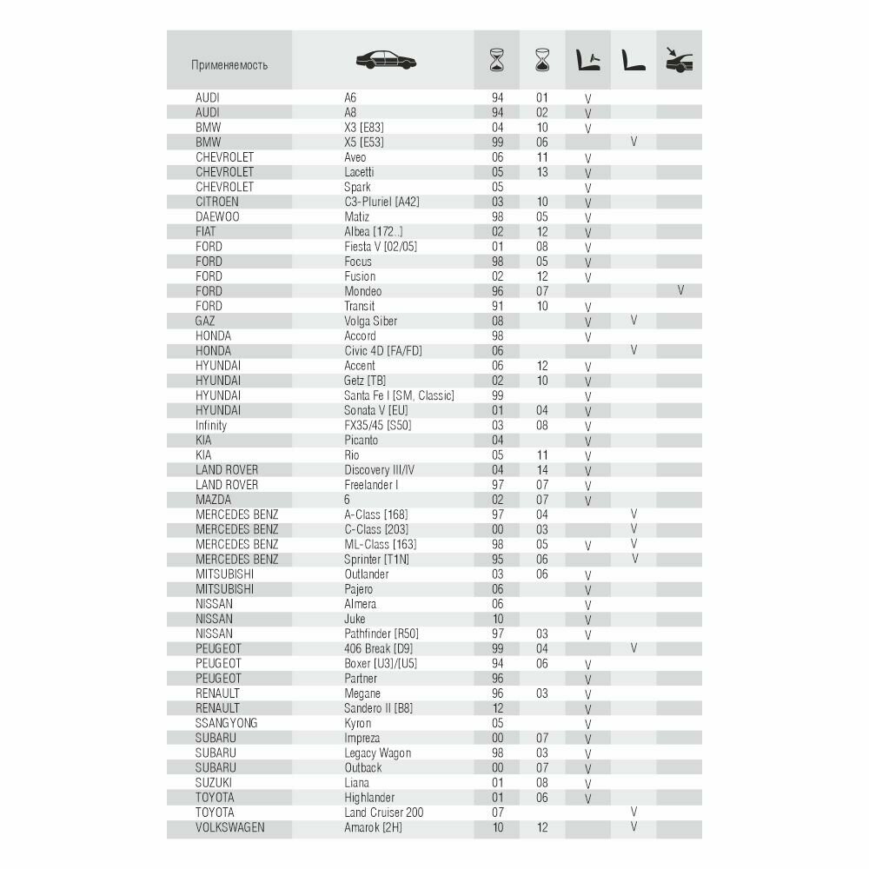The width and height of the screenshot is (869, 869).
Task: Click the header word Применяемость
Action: [229, 65]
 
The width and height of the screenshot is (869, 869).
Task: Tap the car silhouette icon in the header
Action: [386, 60]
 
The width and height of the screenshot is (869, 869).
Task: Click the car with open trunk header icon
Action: [679, 60]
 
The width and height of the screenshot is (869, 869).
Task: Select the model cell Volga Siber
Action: [371, 321]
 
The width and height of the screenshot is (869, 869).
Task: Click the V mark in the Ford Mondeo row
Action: [680, 291]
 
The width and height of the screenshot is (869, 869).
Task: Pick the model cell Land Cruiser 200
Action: [384, 812]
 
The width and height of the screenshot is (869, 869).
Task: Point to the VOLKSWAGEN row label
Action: [230, 826]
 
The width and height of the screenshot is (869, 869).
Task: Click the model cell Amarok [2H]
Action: [374, 826]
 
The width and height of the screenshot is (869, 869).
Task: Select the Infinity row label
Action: [211, 425]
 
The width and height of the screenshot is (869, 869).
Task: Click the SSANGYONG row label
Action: [227, 722]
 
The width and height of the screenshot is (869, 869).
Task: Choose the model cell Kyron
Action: [358, 722]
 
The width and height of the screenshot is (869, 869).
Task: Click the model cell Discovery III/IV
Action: [380, 469]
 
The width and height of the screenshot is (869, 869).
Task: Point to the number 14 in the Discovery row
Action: [542, 469]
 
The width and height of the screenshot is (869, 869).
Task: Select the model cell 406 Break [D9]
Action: [377, 648]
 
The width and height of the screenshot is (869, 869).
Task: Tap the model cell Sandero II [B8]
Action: [379, 707]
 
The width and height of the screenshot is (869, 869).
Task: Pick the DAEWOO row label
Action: [217, 216]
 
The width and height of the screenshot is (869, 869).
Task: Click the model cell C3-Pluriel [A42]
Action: [382, 202]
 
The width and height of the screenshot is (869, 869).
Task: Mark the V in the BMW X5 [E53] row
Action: [634, 142]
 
